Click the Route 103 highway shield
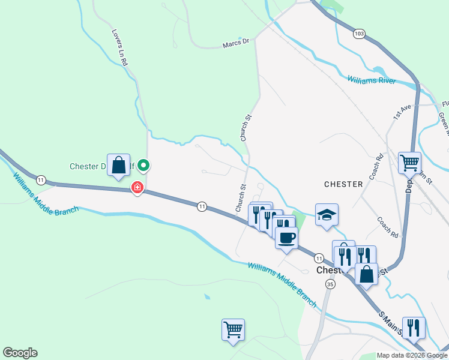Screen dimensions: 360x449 pyautogui.click(x=360, y=34)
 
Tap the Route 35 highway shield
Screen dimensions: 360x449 pyautogui.click(x=330, y=284)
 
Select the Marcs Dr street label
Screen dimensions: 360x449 pyautogui.click(x=235, y=43)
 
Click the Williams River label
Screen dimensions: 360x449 pyautogui.click(x=372, y=80)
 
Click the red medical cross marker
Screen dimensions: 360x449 pyautogui.click(x=137, y=188)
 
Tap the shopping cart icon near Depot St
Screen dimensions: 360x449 pyautogui.click(x=409, y=161)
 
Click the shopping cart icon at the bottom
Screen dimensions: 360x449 pyautogui.click(x=233, y=329)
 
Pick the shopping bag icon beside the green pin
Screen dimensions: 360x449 pyautogui.click(x=119, y=165)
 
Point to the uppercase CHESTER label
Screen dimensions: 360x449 pyautogui.click(x=343, y=184)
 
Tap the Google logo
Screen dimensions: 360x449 pyautogui.click(x=20, y=353)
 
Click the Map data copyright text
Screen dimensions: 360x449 pyautogui.click(x=412, y=355)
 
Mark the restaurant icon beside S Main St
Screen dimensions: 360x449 pyautogui.click(x=414, y=328)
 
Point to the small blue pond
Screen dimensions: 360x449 pyautogui.click(x=207, y=297)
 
